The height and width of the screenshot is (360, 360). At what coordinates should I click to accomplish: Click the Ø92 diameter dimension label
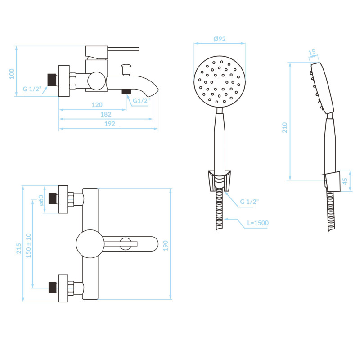(x=220, y=39)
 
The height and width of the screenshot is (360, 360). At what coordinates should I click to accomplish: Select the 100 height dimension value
(x=12, y=74)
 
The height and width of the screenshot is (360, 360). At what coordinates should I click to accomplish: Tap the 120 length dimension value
(x=97, y=105)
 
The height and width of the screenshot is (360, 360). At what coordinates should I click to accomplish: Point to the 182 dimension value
(x=106, y=114)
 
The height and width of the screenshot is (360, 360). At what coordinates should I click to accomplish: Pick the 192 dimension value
(x=110, y=124)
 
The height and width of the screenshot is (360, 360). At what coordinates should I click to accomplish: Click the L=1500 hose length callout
(x=258, y=223)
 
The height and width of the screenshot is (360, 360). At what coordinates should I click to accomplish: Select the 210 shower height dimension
(x=285, y=128)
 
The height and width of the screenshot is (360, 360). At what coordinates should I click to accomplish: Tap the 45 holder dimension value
(x=345, y=181)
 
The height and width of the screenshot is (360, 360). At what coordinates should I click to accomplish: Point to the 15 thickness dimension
(x=312, y=52)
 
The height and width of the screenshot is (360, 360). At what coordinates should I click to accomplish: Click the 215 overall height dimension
(x=19, y=249)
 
